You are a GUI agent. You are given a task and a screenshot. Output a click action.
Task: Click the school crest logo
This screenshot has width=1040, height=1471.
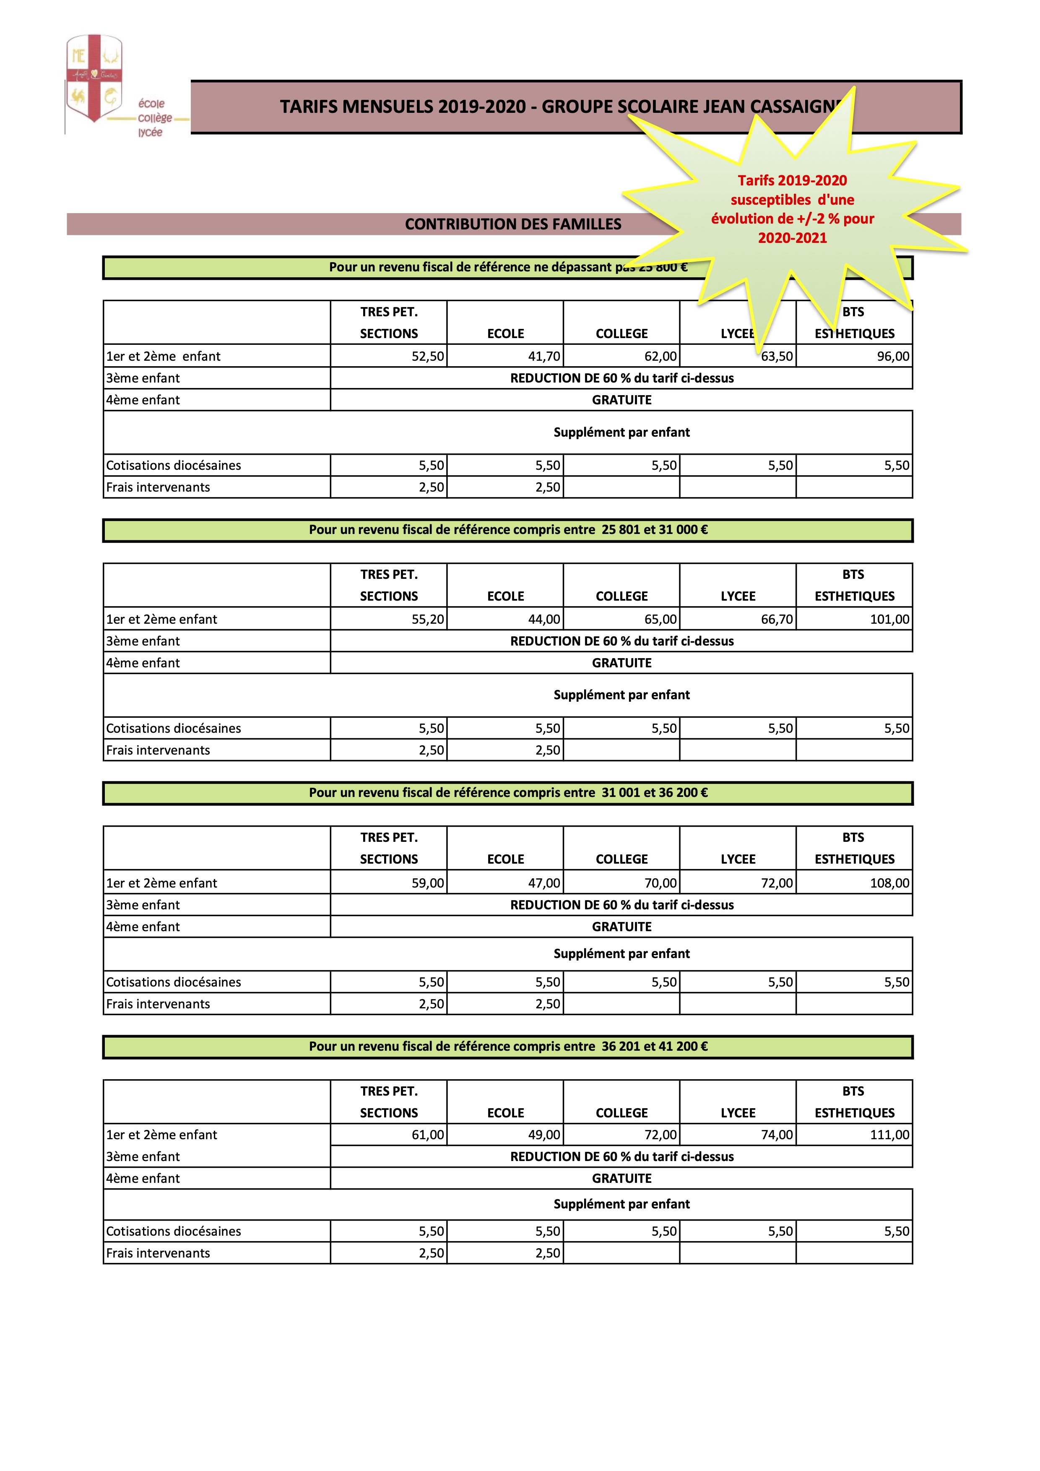point(94,78)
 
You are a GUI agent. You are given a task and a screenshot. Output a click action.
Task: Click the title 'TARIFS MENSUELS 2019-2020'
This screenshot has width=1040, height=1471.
point(403,107)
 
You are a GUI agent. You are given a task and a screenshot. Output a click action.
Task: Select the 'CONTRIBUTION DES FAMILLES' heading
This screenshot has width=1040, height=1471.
point(513,224)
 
